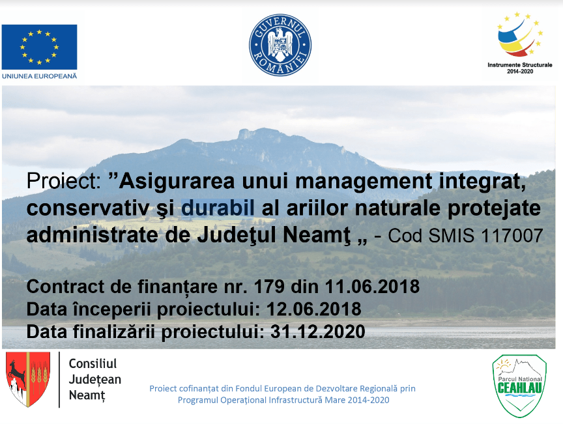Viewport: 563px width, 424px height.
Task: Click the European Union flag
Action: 39,47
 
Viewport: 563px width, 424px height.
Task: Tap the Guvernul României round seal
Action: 280,45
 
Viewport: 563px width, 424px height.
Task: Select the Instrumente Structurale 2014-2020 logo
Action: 519,43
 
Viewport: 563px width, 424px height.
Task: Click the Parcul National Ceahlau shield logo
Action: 519,386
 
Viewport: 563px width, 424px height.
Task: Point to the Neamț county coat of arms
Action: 28,379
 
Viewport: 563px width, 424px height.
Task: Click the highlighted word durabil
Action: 218,208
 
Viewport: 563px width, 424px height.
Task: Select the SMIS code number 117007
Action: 512,236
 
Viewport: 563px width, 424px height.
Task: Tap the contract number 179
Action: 269,287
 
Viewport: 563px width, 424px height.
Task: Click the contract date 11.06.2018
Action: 372,287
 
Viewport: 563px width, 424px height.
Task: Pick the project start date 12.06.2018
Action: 314,309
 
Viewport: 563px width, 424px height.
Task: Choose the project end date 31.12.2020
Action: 318,332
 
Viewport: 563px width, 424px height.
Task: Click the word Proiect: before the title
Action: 64,180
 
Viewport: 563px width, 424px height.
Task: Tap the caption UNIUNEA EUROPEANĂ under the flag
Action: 39,76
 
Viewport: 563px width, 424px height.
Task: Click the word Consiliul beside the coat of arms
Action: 93,363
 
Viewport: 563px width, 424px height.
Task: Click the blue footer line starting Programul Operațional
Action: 283,400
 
